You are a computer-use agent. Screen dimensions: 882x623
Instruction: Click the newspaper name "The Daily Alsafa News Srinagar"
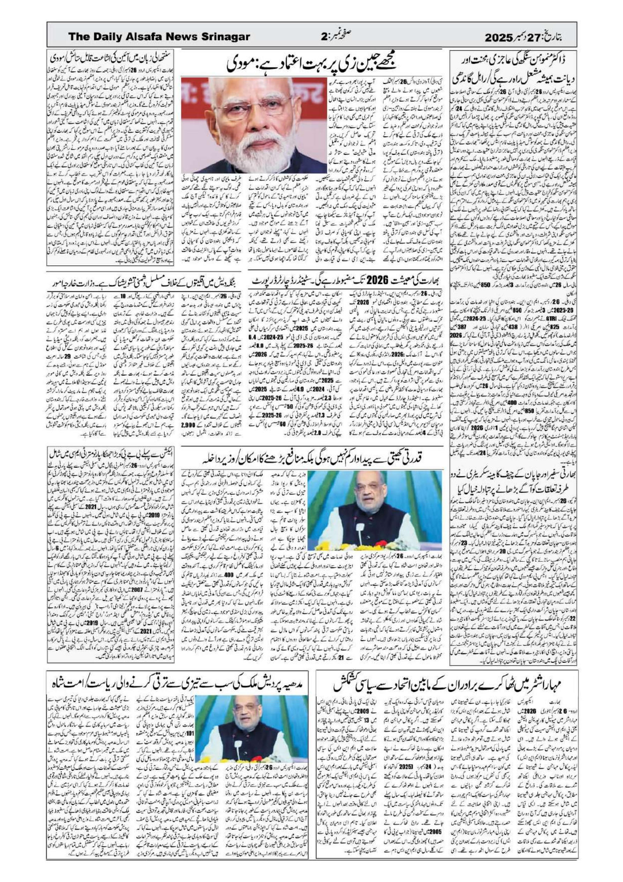click(159, 37)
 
